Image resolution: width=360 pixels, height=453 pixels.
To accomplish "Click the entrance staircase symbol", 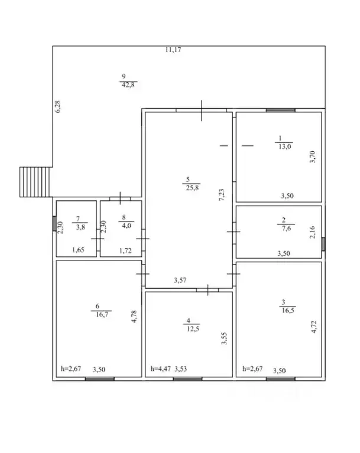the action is tap(35, 182).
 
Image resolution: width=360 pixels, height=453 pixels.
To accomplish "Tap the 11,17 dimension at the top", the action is tap(173, 50).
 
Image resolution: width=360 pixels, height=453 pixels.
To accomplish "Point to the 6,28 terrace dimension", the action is tap(57, 106).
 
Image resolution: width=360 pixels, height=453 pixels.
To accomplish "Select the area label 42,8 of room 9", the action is tap(128, 85).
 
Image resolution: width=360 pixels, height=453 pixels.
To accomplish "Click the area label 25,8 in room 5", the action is tap(192, 188).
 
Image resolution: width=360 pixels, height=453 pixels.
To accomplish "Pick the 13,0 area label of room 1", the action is tap(285, 146).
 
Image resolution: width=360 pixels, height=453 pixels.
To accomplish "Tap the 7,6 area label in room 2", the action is tap(286, 229).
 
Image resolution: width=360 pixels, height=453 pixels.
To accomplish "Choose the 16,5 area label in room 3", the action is tap(288, 311).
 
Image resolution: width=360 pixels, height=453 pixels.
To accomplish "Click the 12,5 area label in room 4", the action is tap(193, 329).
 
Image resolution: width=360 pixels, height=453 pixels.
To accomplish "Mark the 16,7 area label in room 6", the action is tap(102, 314).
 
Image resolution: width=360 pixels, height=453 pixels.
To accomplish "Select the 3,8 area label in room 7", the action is tap(80, 227).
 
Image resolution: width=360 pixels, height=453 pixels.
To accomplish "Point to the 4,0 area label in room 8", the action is tap(127, 226).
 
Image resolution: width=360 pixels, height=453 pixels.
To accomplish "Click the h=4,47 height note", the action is tap(160, 369).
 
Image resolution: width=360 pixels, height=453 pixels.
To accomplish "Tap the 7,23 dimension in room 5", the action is tap(222, 195).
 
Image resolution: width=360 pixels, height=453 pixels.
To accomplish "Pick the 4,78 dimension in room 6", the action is tap(134, 317).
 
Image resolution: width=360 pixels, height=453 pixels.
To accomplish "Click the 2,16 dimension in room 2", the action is tap(312, 232).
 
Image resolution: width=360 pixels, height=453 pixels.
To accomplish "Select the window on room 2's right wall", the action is tap(323, 244).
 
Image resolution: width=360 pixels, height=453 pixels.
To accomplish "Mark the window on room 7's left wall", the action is tap(54, 223).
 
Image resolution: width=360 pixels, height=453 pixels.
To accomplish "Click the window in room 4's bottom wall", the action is tap(187, 379).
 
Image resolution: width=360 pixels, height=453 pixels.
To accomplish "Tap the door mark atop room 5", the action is tap(202, 110).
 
